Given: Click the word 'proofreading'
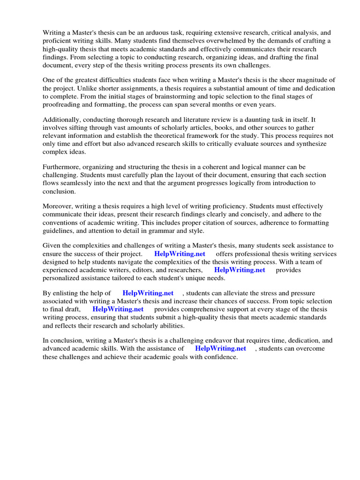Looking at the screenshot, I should click(x=61, y=104).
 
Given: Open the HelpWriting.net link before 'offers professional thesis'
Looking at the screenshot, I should click(x=180, y=254).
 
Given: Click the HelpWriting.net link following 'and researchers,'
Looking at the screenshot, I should click(x=240, y=270).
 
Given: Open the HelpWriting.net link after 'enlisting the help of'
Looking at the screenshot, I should click(x=148, y=293).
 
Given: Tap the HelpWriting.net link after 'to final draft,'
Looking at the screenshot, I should click(x=118, y=309).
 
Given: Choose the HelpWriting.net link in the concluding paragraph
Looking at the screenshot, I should click(x=220, y=349).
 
